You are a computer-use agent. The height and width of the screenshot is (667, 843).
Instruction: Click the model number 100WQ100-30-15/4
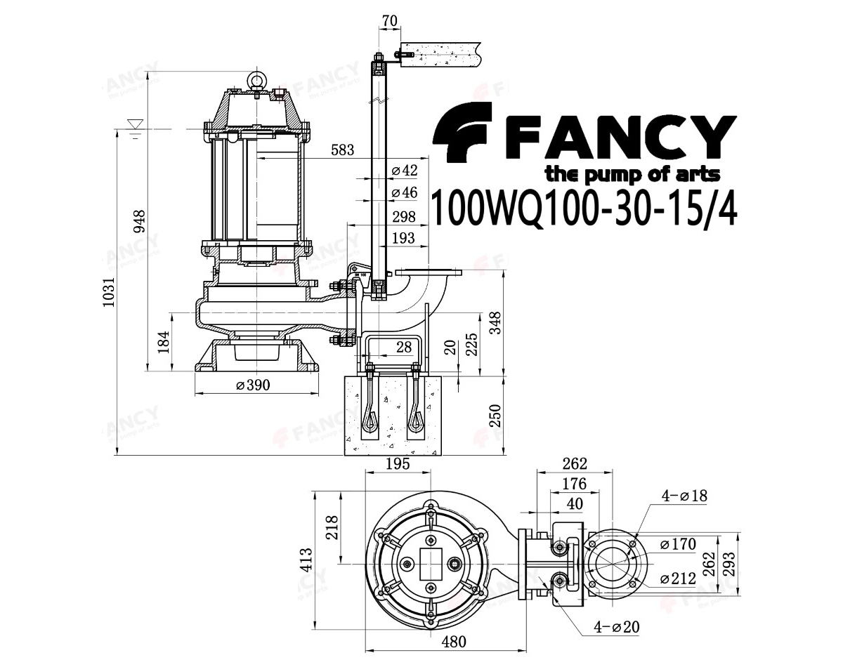coord(584,207)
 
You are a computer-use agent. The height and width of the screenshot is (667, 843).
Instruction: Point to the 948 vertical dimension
coord(140,222)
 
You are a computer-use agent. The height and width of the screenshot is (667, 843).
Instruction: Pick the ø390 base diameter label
coord(254,385)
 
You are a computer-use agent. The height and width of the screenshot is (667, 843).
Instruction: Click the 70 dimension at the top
coord(390,20)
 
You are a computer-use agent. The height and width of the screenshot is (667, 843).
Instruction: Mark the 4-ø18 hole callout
coord(684,496)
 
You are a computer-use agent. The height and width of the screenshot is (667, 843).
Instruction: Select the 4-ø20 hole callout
coord(616,626)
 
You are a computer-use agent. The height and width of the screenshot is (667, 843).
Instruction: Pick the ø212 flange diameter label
coord(678,579)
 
